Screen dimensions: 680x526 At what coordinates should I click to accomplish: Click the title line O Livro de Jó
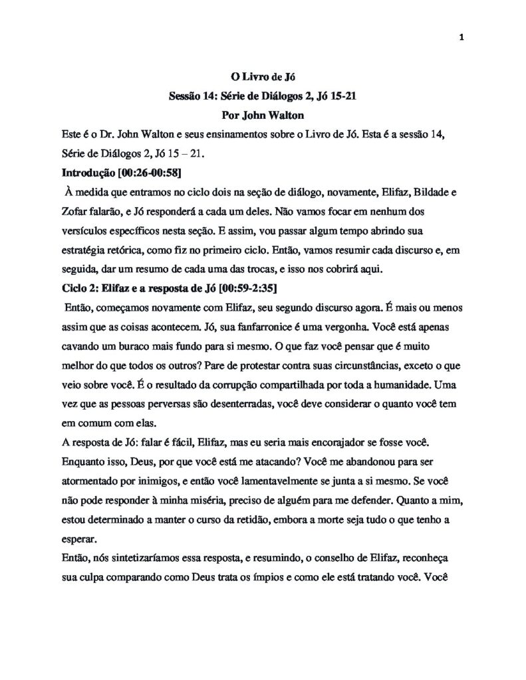[x=261, y=80]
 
